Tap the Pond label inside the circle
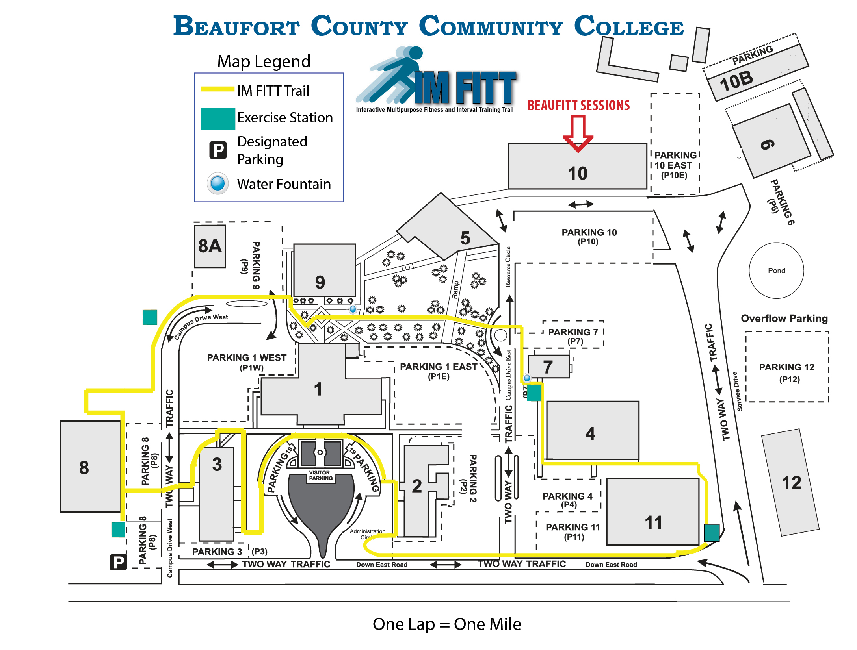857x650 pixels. click(776, 270)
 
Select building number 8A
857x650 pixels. click(210, 246)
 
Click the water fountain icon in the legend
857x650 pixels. click(218, 183)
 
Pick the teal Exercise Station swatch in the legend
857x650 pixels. click(218, 119)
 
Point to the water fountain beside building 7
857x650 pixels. click(527, 378)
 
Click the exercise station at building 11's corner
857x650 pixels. click(711, 532)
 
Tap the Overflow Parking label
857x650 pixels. click(784, 318)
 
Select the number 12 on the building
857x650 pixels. click(791, 483)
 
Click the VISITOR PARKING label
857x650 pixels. click(320, 475)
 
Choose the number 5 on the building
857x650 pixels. click(465, 238)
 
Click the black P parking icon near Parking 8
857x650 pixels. click(118, 562)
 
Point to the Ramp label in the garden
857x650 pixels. click(455, 290)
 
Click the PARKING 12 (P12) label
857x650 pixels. click(786, 373)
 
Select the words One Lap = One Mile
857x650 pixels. click(447, 624)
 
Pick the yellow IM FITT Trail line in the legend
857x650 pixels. click(218, 89)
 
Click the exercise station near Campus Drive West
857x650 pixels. click(150, 317)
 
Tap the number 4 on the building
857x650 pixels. click(590, 433)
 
